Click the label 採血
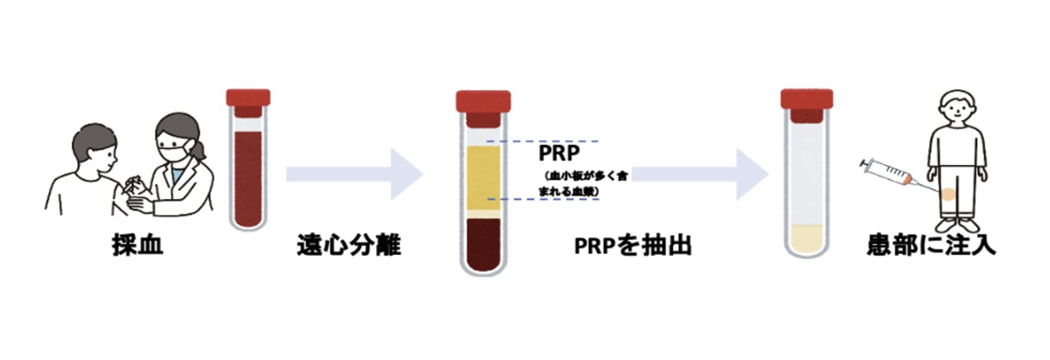(x=138, y=245)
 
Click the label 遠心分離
(x=349, y=245)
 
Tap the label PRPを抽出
(x=633, y=246)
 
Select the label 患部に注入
(x=931, y=245)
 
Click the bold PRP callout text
(x=559, y=153)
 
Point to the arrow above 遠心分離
(x=354, y=174)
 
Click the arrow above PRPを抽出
(x=700, y=174)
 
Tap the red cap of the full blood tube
(x=248, y=98)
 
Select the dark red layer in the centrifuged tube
(x=483, y=243)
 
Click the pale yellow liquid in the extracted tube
(x=807, y=237)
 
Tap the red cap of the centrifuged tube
(x=483, y=101)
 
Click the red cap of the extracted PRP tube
(x=807, y=98)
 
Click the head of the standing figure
(x=957, y=108)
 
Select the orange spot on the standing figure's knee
(x=949, y=194)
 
